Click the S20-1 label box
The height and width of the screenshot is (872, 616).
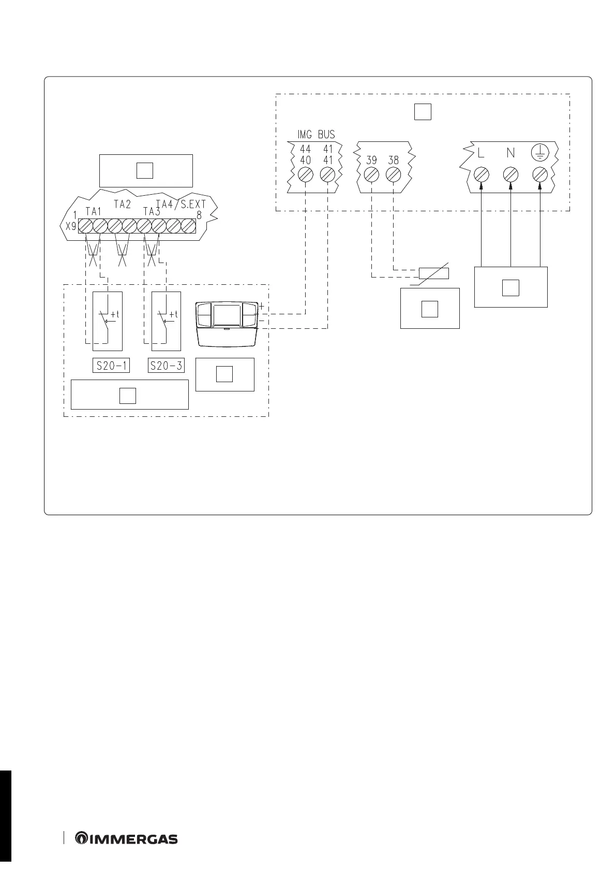[112, 366]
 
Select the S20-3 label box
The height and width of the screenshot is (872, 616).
[166, 366]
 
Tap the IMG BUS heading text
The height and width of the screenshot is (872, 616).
[316, 135]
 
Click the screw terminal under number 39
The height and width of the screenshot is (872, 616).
[371, 175]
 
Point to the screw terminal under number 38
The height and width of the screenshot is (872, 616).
[393, 175]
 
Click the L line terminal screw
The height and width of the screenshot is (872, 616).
[482, 175]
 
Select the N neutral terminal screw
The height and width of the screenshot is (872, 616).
[510, 175]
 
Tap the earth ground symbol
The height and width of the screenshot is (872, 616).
[539, 153]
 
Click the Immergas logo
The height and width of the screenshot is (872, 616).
[127, 839]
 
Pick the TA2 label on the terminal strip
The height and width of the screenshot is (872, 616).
[122, 205]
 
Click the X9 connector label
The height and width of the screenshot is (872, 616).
[71, 226]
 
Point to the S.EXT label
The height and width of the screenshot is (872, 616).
[193, 205]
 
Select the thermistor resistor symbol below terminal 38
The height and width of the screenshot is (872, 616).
[433, 273]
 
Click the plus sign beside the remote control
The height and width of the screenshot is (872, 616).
[261, 307]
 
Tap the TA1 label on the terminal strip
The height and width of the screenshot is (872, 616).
[93, 211]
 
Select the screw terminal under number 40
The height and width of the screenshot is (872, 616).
[306, 175]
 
